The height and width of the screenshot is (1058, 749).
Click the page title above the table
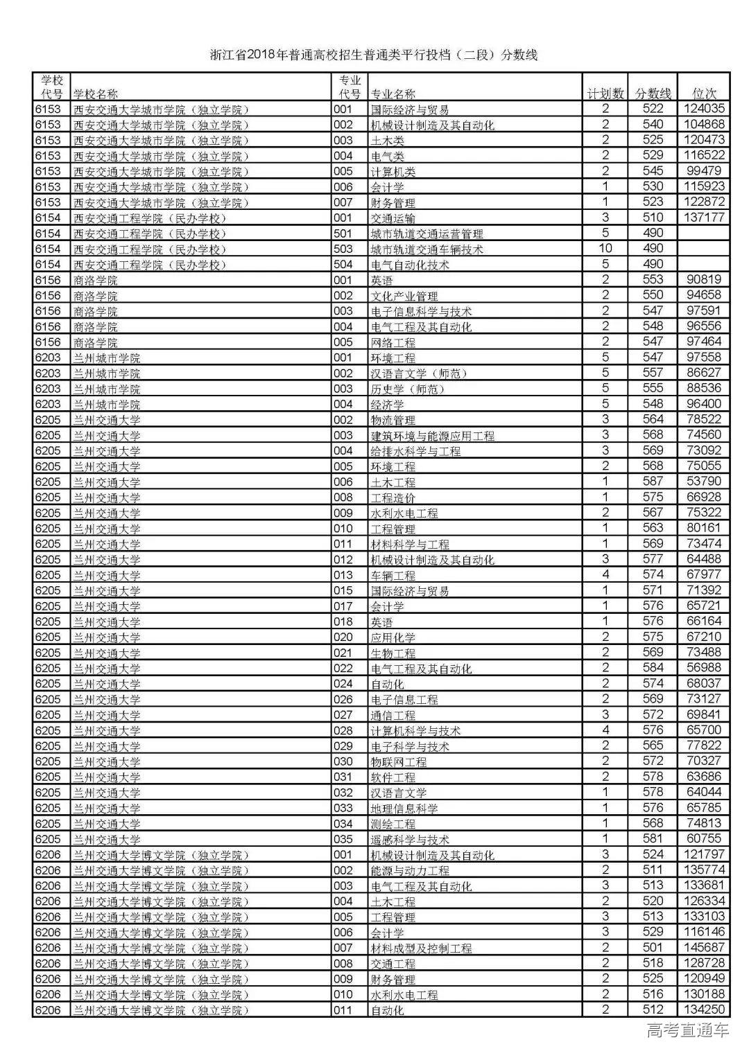374,55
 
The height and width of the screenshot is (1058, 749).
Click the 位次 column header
704,94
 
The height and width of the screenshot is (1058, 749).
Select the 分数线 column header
653,94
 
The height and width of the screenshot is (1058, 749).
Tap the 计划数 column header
605,94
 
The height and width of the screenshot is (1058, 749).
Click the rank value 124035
703,109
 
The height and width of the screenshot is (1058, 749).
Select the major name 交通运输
393,218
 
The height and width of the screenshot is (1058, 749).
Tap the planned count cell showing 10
605,248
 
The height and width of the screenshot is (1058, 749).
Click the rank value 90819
703,279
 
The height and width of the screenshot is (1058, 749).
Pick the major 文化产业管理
404,296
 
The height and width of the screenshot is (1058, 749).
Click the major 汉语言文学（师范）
419,373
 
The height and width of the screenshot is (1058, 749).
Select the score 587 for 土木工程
653,481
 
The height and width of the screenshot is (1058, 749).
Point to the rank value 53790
703,481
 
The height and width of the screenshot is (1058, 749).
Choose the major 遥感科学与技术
410,839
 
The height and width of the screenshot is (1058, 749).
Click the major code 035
343,839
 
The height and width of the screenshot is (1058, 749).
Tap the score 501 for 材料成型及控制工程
653,947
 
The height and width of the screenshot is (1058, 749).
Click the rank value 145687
703,947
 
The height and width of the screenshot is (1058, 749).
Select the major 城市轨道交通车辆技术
427,249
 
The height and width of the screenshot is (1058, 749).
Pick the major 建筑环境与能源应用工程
433,436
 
